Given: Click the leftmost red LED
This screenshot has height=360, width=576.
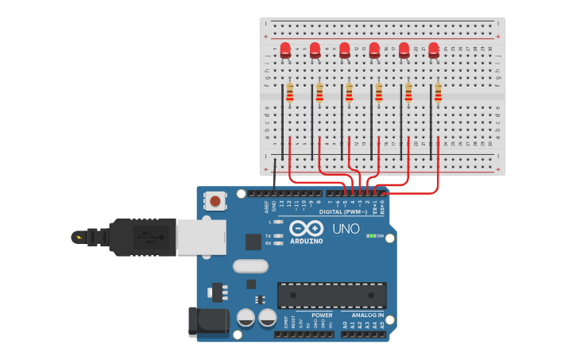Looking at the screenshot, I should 285,50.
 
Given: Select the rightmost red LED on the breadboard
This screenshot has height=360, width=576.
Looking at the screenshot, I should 434,50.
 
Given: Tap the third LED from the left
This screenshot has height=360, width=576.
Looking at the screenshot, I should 345,50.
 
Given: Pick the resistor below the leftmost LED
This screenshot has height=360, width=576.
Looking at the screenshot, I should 289,94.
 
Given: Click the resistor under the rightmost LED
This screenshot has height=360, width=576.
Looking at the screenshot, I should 438,94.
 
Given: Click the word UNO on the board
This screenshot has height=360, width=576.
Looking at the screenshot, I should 346,228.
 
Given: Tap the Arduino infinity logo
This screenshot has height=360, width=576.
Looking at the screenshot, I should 306,228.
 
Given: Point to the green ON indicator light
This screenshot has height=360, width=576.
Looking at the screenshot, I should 371,236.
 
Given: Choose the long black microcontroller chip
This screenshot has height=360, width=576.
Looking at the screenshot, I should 331,295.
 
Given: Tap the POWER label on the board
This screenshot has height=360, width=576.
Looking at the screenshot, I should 322,315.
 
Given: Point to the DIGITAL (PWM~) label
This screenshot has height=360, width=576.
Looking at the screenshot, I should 343,212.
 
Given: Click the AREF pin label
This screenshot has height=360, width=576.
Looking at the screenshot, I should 267,206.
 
